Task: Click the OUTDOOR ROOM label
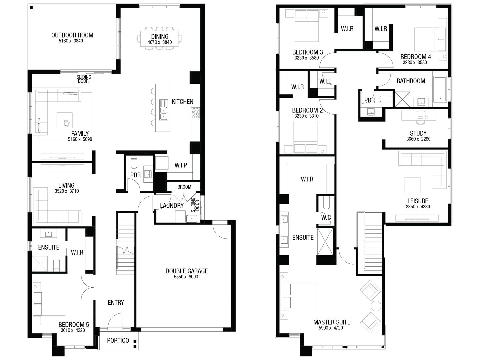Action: click(72, 35)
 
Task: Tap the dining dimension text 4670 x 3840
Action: click(160, 42)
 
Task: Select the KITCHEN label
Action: click(182, 102)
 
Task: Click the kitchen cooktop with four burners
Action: click(195, 113)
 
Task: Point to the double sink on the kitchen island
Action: click(164, 110)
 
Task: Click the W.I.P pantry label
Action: click(181, 165)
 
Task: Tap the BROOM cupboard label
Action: click(184, 187)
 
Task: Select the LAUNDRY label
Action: click(172, 206)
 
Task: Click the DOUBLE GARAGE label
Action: click(186, 271)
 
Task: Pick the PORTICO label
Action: click(118, 340)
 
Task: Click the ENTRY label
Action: click(116, 302)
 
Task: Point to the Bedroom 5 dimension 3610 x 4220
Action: click(73, 330)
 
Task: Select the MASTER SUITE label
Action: click(332, 322)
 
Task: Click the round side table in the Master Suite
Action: click(376, 306)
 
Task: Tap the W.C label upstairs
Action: click(326, 218)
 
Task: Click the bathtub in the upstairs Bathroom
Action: click(440, 89)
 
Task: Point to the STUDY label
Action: click(418, 133)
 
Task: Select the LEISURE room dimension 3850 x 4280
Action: click(418, 207)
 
